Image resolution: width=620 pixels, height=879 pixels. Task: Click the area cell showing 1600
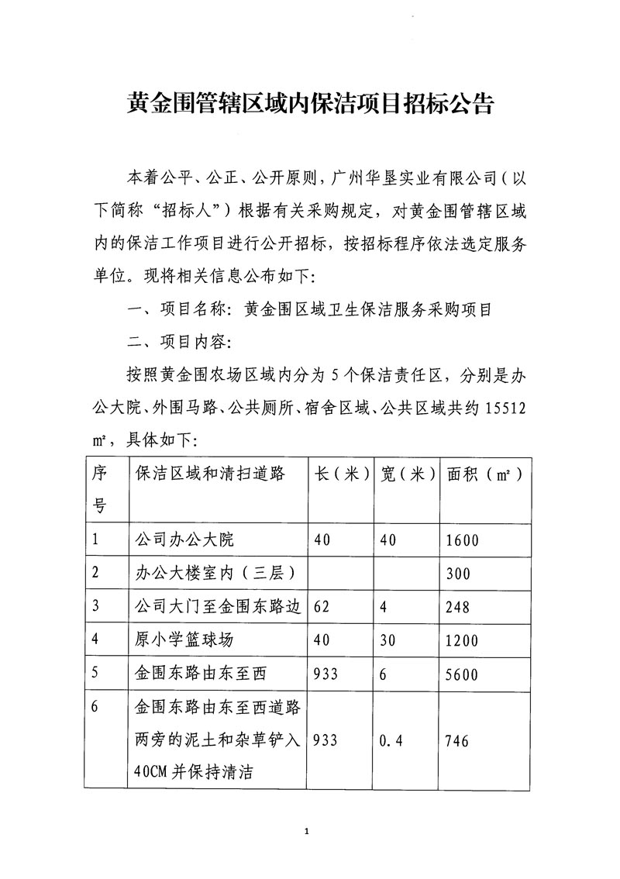click(463, 540)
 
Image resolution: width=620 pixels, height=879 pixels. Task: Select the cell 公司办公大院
click(184, 540)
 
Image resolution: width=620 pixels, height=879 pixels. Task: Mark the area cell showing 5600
click(463, 674)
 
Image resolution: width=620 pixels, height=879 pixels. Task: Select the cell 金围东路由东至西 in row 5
click(200, 674)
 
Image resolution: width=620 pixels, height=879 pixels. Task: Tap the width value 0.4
click(394, 741)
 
